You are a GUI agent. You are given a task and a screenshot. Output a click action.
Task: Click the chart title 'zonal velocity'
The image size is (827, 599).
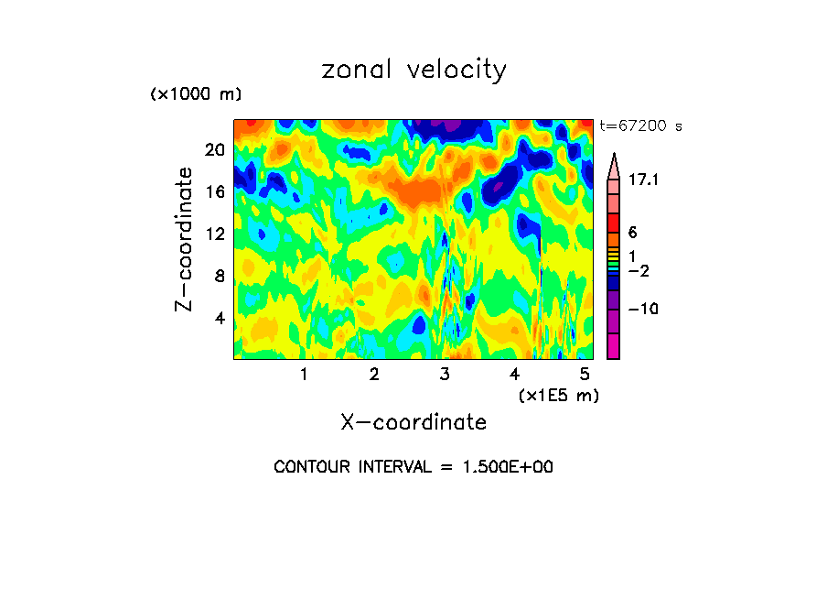(413, 70)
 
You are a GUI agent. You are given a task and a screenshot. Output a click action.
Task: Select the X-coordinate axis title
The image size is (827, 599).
(413, 422)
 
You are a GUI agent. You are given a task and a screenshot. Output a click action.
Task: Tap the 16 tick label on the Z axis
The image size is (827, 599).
(213, 191)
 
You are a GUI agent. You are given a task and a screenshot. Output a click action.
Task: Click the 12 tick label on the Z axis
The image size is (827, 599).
(213, 234)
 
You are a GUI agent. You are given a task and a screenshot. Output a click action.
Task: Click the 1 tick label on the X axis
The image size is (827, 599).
(304, 375)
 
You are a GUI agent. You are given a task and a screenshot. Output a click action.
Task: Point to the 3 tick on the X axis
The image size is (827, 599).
(444, 375)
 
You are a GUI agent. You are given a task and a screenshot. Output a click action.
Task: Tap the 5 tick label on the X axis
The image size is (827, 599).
(584, 375)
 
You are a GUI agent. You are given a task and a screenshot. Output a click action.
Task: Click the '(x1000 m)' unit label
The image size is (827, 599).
(195, 94)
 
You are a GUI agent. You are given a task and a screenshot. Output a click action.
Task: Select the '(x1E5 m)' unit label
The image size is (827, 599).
(558, 396)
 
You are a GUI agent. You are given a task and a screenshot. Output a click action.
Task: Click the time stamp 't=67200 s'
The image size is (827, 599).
(640, 126)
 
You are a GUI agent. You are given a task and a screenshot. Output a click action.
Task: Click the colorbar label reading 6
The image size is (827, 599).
(631, 233)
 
